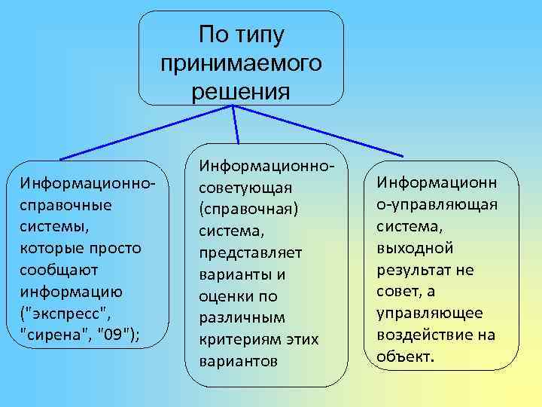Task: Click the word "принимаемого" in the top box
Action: coord(241,63)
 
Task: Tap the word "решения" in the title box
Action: coord(241,92)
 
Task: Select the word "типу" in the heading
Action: coord(261,35)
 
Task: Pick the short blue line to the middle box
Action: coord(236,124)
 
